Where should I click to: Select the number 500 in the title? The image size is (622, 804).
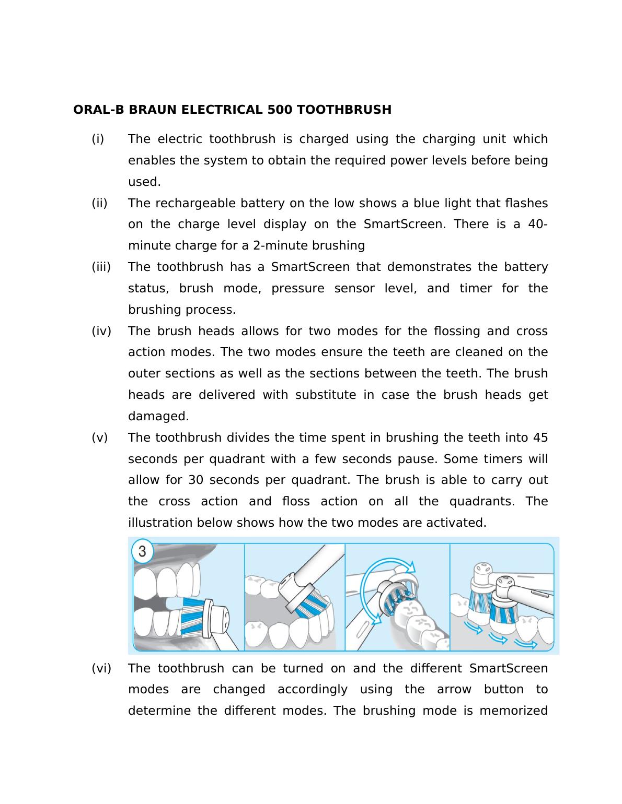(280, 110)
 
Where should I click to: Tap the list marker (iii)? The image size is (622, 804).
(101, 267)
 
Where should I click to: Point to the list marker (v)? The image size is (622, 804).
(99, 438)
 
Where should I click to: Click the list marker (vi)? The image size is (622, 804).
(101, 669)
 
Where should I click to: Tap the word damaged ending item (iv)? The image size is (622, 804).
(158, 417)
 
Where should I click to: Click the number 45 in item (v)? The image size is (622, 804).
(540, 438)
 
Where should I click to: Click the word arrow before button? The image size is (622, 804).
(454, 690)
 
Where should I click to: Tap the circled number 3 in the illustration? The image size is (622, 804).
(142, 552)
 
